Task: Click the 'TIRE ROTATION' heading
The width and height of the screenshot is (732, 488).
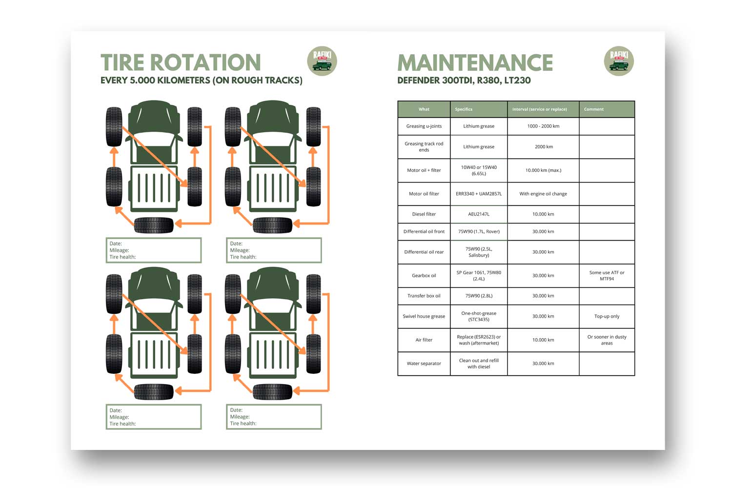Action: click(x=181, y=63)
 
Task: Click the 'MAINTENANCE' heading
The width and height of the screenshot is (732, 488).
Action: click(x=475, y=63)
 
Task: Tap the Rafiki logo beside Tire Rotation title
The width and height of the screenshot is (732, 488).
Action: click(x=322, y=61)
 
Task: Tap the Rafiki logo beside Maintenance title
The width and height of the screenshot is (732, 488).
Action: click(x=619, y=61)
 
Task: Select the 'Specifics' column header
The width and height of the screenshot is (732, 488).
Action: click(x=464, y=109)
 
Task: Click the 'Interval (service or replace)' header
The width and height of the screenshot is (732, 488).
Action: click(x=539, y=109)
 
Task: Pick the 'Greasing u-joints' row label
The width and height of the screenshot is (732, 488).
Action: click(x=424, y=126)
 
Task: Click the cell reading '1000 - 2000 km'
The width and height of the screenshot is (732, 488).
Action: click(x=543, y=126)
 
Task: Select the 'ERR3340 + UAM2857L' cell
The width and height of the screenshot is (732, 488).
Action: click(x=478, y=194)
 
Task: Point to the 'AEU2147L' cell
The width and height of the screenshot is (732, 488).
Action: click(x=478, y=214)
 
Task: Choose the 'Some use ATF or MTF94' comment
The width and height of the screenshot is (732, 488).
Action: click(x=607, y=276)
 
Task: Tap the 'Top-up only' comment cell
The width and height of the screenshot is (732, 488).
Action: click(x=607, y=317)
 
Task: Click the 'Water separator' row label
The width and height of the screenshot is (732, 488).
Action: click(x=424, y=364)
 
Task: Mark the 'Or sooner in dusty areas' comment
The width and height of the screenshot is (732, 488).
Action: click(x=607, y=340)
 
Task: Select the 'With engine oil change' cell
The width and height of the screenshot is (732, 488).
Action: click(x=543, y=194)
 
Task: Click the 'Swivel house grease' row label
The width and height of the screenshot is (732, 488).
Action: click(x=424, y=317)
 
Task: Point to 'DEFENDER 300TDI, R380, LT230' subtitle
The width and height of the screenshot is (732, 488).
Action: click(x=464, y=81)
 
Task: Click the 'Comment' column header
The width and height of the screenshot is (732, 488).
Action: click(x=594, y=109)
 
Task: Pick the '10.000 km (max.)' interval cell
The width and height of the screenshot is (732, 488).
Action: click(x=543, y=170)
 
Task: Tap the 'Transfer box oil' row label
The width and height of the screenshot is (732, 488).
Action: click(x=424, y=296)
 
